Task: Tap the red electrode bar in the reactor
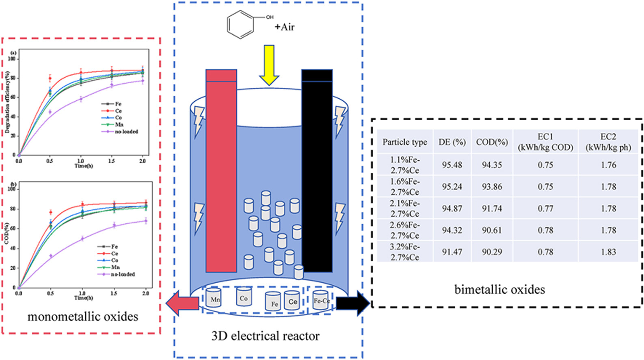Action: coord(221,171)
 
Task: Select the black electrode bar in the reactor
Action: coord(317,171)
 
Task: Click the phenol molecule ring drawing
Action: coord(240,24)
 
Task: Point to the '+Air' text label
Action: coord(284,27)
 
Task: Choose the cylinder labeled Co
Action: coord(243,297)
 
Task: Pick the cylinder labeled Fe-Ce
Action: coord(321,300)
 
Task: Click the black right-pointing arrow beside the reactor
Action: coord(353,303)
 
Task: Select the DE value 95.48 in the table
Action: coord(452,165)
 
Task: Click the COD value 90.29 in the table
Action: coord(492,252)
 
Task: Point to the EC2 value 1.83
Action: coord(608,252)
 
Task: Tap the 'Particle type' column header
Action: coord(404,142)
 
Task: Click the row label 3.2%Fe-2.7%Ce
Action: coord(404,252)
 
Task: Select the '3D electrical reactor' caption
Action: coord(265,336)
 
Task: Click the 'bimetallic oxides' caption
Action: coord(499,289)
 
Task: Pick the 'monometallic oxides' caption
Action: coord(83,317)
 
